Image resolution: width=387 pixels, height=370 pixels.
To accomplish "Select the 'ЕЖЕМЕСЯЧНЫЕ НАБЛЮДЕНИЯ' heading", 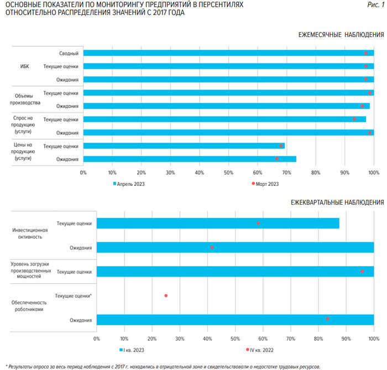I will [341, 35].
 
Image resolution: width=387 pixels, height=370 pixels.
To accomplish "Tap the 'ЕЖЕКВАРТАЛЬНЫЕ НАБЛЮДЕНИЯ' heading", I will [337, 202].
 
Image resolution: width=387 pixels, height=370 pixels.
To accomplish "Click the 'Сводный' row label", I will [69, 53].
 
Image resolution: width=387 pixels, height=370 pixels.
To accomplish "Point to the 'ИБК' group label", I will [24, 66].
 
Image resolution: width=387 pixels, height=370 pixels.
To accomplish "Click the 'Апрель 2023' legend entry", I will [131, 184].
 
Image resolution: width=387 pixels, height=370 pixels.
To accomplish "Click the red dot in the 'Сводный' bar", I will [366, 53].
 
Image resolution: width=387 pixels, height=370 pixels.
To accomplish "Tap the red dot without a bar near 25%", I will [166, 296].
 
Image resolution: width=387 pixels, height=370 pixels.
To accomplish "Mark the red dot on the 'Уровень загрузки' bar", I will [362, 272].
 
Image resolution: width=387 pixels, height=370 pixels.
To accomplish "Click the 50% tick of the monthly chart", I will [228, 173].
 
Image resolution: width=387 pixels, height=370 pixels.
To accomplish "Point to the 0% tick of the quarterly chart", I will [97, 338].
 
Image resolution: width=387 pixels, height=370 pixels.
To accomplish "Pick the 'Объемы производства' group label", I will [25, 99].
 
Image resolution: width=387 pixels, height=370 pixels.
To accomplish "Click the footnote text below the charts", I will [163, 366].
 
